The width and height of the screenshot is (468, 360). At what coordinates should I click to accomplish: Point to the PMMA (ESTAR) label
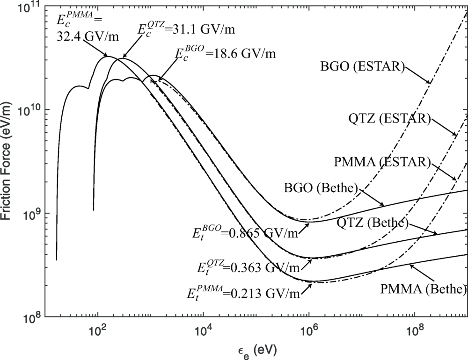click(x=382, y=162)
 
